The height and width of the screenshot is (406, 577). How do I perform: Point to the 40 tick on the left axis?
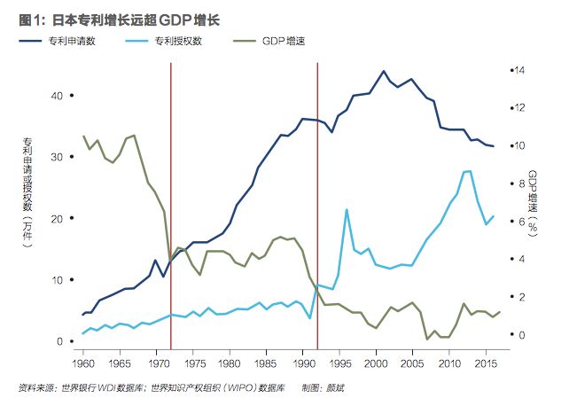pos(58,95)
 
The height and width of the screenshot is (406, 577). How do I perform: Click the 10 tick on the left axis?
pos(58,280)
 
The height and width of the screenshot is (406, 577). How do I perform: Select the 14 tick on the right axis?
pos(521,71)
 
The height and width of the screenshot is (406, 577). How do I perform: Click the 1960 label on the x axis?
pos(82,363)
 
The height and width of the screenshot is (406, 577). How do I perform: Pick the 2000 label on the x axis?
pos(376,363)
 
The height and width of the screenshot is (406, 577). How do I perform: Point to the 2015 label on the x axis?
pos(486,363)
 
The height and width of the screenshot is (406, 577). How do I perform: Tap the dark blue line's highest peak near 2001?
pos(383,71)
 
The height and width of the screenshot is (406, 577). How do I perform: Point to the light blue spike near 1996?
pos(346,210)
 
